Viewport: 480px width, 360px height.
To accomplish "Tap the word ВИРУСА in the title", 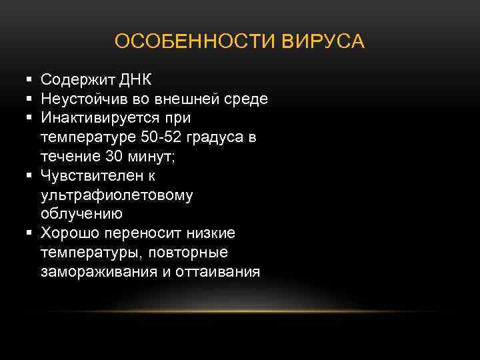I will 323,41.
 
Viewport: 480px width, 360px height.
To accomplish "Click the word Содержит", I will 78,81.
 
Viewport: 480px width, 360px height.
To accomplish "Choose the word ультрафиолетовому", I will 117,195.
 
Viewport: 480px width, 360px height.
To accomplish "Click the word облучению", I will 81,214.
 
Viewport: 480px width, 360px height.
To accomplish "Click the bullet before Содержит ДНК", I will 30,81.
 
